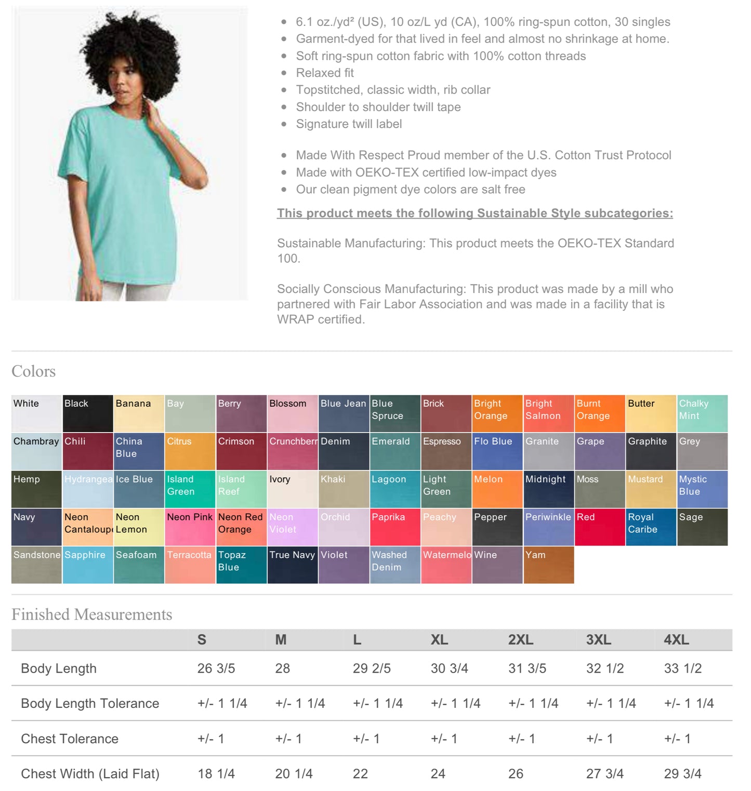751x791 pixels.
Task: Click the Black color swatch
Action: pos(88,413)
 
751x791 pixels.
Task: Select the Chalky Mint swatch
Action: pos(702,413)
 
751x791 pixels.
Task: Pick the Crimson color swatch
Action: pos(241,451)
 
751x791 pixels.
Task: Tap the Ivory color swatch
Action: pos(292,489)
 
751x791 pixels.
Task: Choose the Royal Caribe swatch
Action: pos(651,527)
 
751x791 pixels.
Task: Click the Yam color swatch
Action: pos(548,565)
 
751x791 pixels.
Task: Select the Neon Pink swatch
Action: pos(190,527)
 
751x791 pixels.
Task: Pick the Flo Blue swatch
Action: pos(497,451)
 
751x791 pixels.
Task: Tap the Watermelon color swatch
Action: pos(446,565)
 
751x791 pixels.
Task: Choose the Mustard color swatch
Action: pos(651,489)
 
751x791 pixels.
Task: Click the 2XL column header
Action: pos(521,640)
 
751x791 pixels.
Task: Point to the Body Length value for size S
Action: pos(216,668)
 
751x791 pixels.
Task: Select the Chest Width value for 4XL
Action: pos(682,774)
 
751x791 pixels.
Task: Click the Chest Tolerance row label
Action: pos(70,739)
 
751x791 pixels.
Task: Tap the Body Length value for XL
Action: pos(449,668)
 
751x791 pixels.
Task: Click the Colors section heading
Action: pos(34,371)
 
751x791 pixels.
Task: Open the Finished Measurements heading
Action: pos(92,614)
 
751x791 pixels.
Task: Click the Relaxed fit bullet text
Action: pos(325,73)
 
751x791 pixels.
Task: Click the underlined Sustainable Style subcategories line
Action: pos(475,213)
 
